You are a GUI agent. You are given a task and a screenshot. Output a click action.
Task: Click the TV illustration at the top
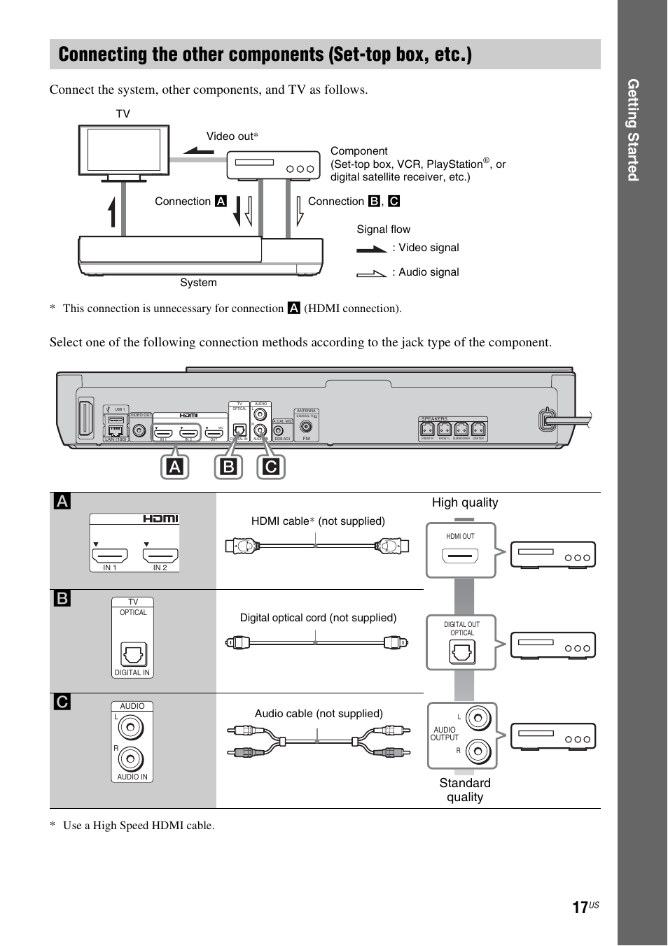coord(124,150)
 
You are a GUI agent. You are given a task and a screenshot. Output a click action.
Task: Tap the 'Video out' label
coord(232,136)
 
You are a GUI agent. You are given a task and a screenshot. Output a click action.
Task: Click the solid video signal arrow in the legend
coord(372,248)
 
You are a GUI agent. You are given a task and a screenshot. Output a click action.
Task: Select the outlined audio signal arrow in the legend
coord(372,273)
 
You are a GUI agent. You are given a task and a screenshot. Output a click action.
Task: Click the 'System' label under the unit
coord(198,283)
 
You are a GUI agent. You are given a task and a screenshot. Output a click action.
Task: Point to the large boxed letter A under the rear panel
coord(175,467)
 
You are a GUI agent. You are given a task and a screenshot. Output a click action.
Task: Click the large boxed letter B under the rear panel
coord(229,467)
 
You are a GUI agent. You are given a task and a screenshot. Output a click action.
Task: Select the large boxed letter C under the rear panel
coord(271,467)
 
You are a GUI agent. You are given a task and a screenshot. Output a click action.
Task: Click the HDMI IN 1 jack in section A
coord(110,556)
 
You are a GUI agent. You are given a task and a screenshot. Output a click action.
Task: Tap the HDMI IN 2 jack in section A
coord(160,556)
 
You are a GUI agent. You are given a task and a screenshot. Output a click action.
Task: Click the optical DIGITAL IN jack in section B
coord(133,655)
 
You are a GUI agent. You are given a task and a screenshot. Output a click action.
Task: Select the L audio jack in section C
coord(131,728)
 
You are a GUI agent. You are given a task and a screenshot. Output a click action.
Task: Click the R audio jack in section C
coord(131,758)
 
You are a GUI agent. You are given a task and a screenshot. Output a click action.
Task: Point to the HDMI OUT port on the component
coord(460,556)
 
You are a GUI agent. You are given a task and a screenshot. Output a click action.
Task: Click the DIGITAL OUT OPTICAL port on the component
coord(461,652)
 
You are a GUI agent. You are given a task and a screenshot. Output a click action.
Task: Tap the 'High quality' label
coord(465,502)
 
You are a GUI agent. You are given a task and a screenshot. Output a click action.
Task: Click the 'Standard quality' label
coord(465,790)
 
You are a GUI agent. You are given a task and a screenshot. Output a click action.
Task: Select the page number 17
coord(580,908)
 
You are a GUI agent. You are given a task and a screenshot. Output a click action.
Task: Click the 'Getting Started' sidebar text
coord(633,130)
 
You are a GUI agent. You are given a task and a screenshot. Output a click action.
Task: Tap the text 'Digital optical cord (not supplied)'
coord(318,618)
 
